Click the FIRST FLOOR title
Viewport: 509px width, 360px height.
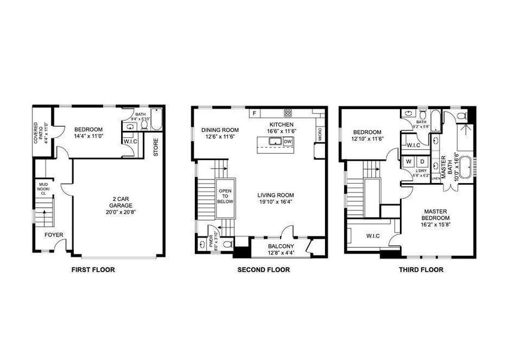(x=93, y=270)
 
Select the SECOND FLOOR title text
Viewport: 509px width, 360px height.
(x=263, y=270)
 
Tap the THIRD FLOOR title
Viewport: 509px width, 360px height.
(x=421, y=270)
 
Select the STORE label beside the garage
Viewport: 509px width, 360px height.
(x=155, y=148)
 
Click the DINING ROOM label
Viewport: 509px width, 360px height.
(x=219, y=130)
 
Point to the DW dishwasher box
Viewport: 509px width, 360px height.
(x=287, y=142)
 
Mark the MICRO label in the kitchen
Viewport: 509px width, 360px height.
(x=320, y=132)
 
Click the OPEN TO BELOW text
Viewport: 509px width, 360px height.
(x=225, y=193)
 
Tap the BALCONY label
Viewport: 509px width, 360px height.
(x=280, y=246)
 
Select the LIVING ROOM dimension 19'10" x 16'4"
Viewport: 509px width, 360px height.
(x=275, y=202)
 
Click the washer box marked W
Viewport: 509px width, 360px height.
(x=409, y=161)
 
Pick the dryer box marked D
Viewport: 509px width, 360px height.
(x=421, y=161)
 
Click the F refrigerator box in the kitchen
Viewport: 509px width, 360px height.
(x=254, y=113)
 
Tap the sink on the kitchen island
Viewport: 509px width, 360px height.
(x=276, y=142)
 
